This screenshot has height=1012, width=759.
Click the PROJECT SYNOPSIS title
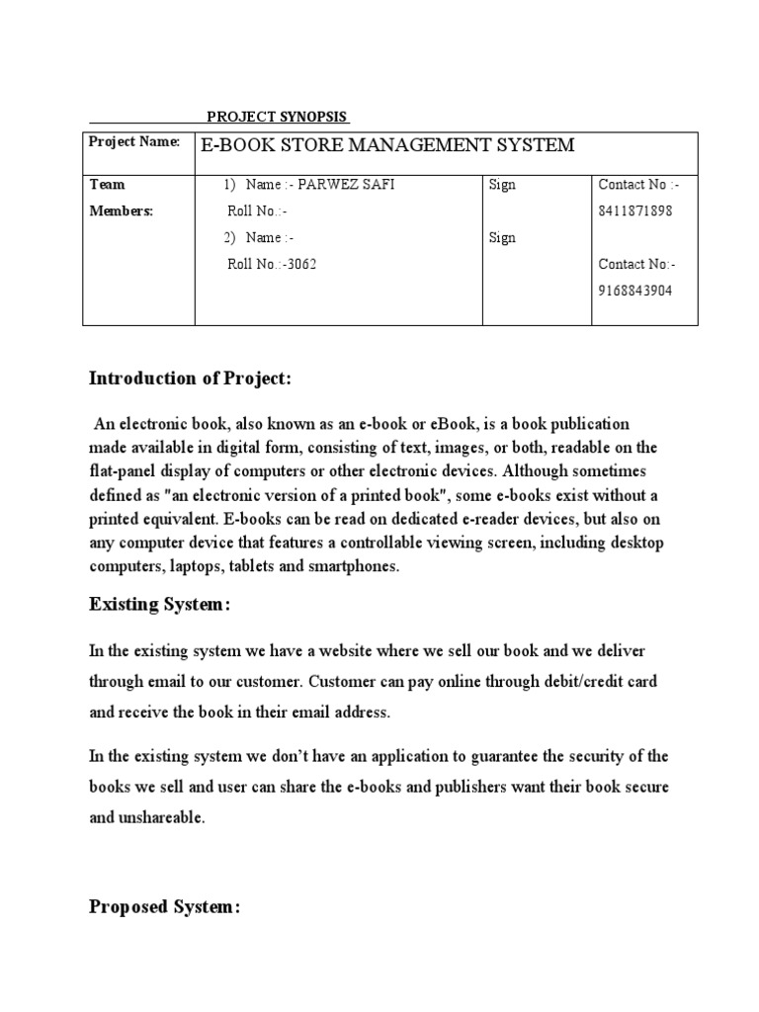278,116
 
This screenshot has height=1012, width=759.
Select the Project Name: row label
134,142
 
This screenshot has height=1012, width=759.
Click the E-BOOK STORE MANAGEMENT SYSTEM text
387,145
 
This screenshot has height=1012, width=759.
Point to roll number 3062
299,264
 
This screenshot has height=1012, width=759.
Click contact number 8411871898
635,211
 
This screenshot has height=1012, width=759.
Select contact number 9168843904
635,291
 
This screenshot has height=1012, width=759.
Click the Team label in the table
107,185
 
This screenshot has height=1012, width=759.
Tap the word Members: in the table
122,211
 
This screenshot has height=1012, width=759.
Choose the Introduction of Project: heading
190,379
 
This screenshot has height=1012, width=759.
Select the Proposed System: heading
164,908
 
